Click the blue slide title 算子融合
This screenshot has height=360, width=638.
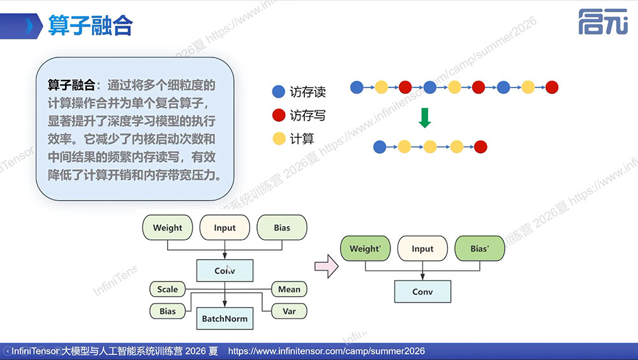(91, 26)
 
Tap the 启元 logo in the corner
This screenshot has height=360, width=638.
(603, 22)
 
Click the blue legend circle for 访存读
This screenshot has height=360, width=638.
(278, 92)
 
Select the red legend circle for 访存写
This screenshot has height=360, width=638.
(278, 116)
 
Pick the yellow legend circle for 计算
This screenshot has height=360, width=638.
(279, 139)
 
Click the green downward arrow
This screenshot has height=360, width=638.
(425, 117)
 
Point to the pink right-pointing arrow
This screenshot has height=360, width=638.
(326, 266)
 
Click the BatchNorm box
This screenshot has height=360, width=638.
(225, 319)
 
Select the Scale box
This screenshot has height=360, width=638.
(167, 289)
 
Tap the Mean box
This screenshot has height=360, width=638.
(289, 289)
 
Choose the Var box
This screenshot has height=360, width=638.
(289, 311)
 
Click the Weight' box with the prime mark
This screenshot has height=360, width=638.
(365, 248)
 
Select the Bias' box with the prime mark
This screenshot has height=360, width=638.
(480, 248)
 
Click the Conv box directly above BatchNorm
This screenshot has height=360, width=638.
(225, 271)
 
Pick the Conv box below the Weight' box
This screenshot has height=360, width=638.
(422, 292)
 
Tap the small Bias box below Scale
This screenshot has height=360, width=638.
(167, 311)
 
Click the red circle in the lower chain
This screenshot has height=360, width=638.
(480, 147)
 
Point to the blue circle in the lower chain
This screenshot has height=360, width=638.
(380, 147)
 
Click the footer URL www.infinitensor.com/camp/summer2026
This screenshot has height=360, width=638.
(326, 351)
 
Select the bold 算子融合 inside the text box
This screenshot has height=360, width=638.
(71, 85)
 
